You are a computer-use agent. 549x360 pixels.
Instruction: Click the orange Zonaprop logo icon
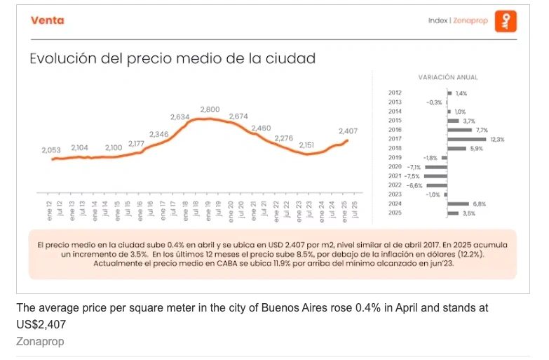coord(506,21)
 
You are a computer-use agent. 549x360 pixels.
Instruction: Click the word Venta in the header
coord(48,20)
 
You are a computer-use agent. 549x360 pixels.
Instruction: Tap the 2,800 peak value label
coord(210,109)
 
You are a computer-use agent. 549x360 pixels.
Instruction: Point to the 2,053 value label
coord(52,150)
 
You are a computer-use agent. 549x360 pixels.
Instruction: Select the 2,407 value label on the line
coord(348,131)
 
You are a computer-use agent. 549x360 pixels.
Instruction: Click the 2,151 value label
coord(306,145)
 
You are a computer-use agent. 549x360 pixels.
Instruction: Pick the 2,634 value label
coord(180,117)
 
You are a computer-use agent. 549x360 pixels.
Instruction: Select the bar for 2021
coord(435,176)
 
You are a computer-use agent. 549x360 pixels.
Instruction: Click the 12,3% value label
coord(497,140)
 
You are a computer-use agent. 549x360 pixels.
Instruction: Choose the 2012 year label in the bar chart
coord(395,93)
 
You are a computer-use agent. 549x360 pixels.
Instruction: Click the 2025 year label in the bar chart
coord(395,213)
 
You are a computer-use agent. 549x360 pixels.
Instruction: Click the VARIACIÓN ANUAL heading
coord(447,77)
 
